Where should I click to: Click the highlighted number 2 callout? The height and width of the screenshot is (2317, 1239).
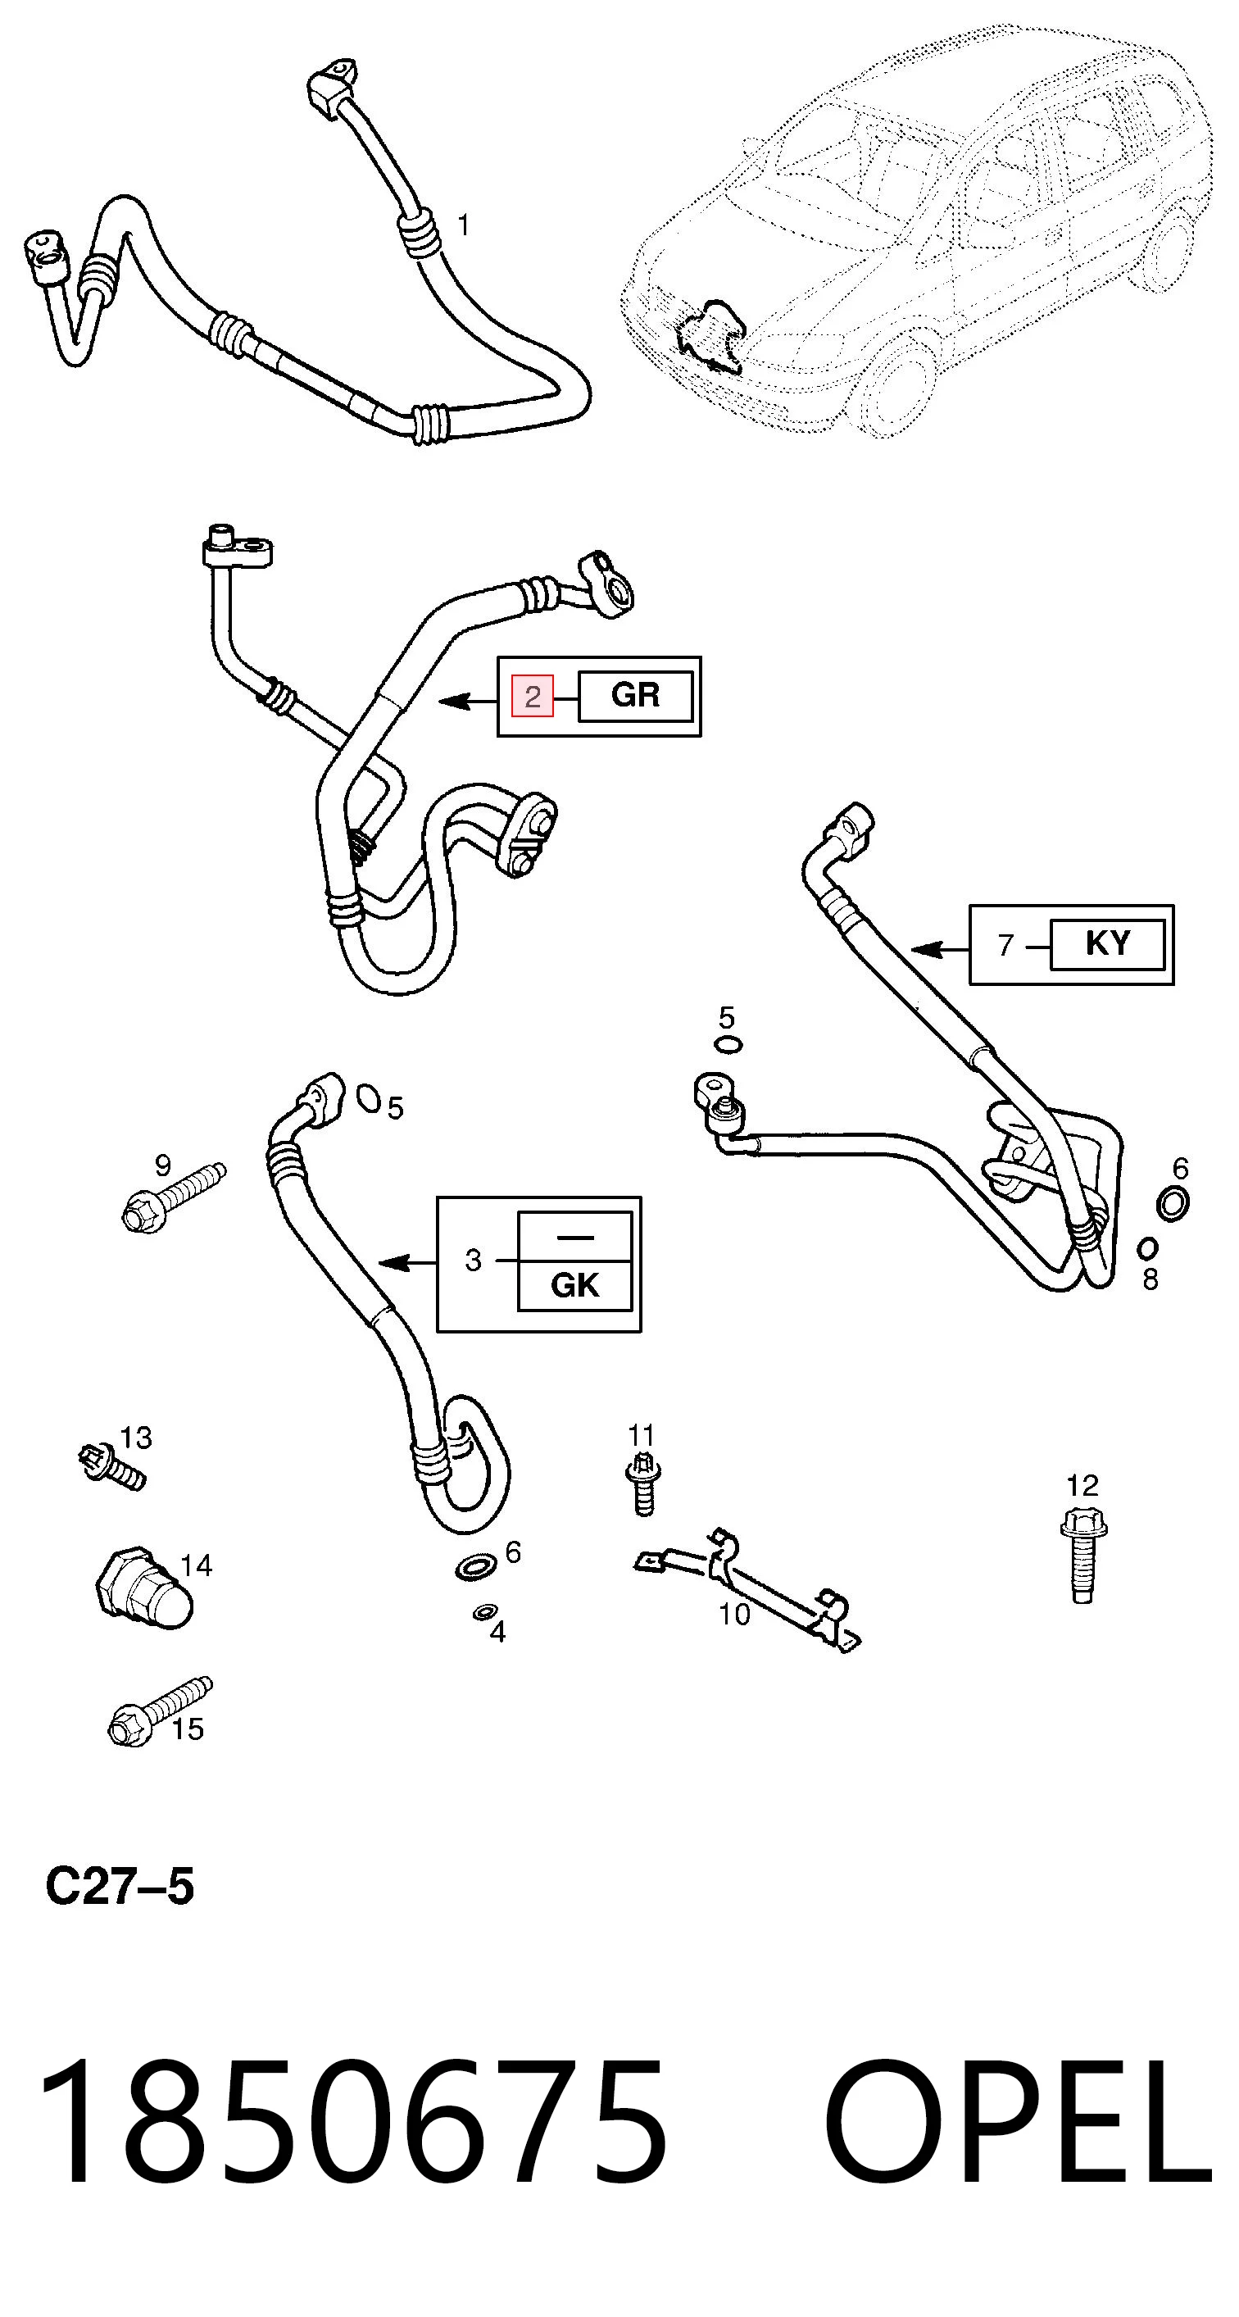533,696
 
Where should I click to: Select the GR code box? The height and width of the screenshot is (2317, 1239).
636,695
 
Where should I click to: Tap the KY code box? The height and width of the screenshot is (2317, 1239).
1107,943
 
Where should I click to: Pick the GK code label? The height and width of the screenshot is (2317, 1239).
574,1285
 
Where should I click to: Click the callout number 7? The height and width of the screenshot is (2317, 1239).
1006,945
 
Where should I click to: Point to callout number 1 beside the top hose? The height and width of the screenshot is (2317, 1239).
463,225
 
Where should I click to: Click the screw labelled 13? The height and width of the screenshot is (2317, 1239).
111,1467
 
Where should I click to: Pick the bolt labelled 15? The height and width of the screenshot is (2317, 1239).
160,1711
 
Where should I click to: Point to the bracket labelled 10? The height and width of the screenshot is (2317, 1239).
747,1589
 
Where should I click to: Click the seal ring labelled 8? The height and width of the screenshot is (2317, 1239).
1147,1248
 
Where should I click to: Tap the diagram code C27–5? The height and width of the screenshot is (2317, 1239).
120,1886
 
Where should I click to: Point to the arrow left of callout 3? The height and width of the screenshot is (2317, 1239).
408,1263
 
